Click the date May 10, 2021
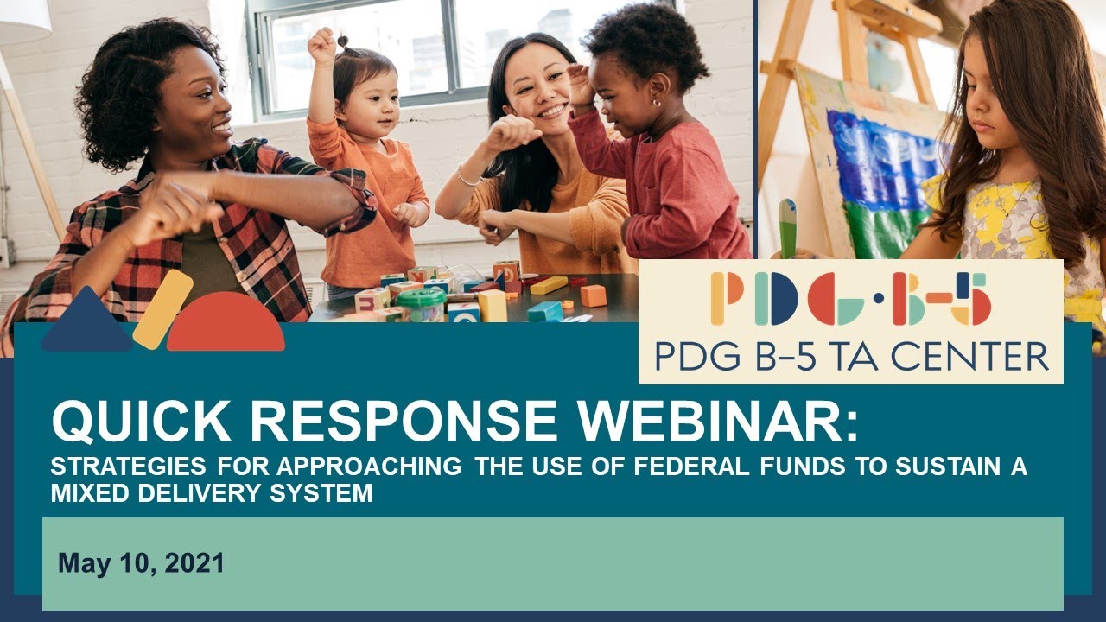click(x=141, y=564)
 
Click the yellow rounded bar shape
click(x=162, y=309)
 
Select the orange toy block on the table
click(x=593, y=295)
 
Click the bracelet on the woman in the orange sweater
click(x=468, y=179)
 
